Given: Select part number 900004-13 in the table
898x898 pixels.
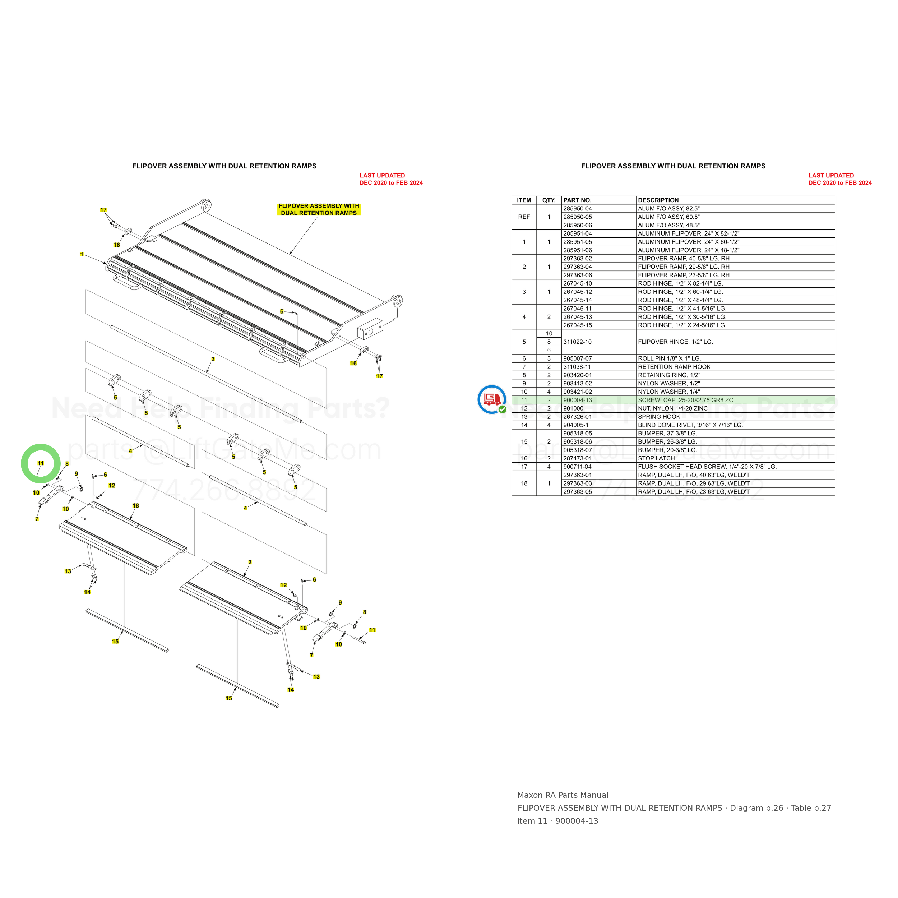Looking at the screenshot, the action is point(577,400).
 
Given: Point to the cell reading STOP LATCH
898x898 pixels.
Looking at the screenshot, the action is point(656,458).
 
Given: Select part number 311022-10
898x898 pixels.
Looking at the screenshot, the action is point(577,342).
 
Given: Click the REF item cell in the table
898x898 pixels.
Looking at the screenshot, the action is point(524,217).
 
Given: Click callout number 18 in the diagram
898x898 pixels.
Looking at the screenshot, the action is point(136,506).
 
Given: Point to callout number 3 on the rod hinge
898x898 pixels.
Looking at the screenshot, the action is point(213,359).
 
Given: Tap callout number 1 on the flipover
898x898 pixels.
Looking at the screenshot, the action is point(82,254).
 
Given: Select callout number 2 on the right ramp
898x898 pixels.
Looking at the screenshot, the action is point(250,563).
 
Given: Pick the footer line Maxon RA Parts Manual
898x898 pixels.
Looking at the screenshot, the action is point(563,795).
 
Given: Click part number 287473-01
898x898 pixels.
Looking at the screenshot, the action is point(577,458).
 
